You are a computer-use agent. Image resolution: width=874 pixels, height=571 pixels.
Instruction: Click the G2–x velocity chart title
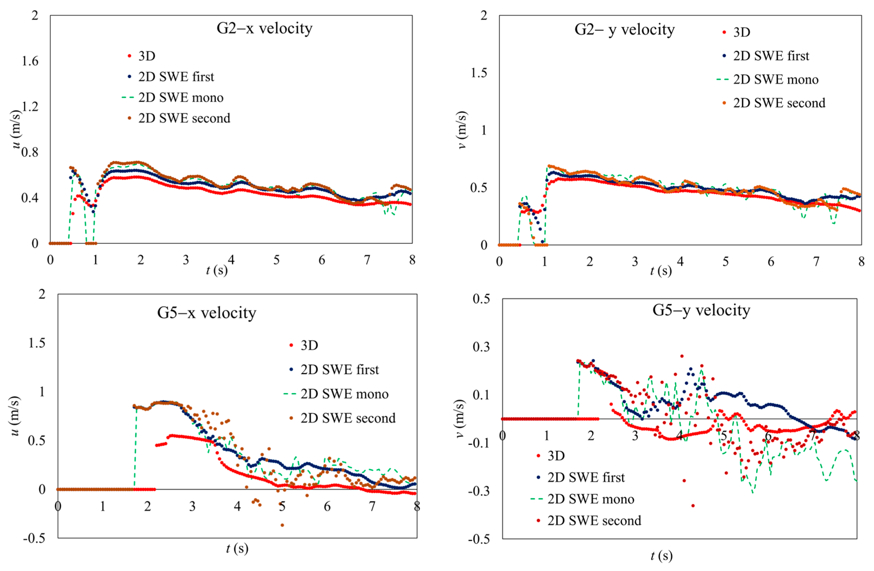[x=264, y=28]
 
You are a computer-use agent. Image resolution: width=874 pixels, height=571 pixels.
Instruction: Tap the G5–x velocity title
[x=206, y=313]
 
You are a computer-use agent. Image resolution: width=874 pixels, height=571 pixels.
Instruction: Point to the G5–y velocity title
[x=701, y=310]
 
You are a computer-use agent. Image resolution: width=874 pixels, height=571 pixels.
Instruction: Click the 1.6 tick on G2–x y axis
[x=30, y=61]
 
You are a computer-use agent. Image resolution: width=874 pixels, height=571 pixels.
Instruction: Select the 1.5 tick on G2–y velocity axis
[x=479, y=73]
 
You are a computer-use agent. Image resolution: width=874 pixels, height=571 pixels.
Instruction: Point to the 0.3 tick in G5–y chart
[x=481, y=347]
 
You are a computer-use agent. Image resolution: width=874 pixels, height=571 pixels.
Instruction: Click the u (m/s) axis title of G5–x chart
[x=15, y=416]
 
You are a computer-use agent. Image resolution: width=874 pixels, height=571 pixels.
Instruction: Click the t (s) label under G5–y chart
[x=661, y=556]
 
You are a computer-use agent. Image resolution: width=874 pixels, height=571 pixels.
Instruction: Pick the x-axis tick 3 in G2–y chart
[x=635, y=262]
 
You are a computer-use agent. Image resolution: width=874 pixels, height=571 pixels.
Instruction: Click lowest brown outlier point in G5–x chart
[x=282, y=525]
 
